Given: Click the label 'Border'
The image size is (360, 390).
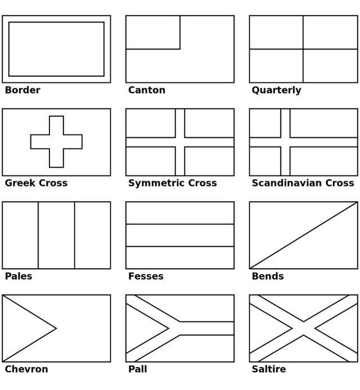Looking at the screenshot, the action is click(x=22, y=90).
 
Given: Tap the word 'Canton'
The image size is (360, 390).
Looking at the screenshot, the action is click(x=147, y=90).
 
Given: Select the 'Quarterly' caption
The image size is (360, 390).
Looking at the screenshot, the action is click(x=276, y=90).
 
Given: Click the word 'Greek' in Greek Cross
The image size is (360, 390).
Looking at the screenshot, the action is click(x=20, y=183).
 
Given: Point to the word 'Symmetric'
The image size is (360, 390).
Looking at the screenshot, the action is click(x=156, y=183).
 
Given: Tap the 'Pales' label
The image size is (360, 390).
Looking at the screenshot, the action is click(x=19, y=276).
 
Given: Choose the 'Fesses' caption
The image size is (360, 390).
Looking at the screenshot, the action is click(x=146, y=276).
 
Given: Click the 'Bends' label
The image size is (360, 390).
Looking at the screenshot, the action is click(x=268, y=276).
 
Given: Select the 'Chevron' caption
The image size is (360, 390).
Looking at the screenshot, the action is click(x=26, y=369).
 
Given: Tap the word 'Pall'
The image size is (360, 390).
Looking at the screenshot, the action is click(x=137, y=369).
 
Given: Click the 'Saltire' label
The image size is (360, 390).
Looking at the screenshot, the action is click(x=269, y=369).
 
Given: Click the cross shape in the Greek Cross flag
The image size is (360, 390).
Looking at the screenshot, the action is click(x=56, y=142).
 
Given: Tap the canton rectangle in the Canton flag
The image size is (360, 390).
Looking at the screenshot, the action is click(x=153, y=33).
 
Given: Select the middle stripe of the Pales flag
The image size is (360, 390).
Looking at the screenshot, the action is click(x=56, y=235).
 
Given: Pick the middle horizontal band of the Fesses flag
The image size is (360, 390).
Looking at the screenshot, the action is click(x=180, y=235).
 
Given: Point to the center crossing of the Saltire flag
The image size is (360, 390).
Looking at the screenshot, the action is click(x=304, y=328).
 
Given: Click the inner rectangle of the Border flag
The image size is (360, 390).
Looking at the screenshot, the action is click(x=56, y=49).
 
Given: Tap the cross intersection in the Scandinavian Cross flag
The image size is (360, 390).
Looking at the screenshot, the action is click(x=285, y=142).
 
